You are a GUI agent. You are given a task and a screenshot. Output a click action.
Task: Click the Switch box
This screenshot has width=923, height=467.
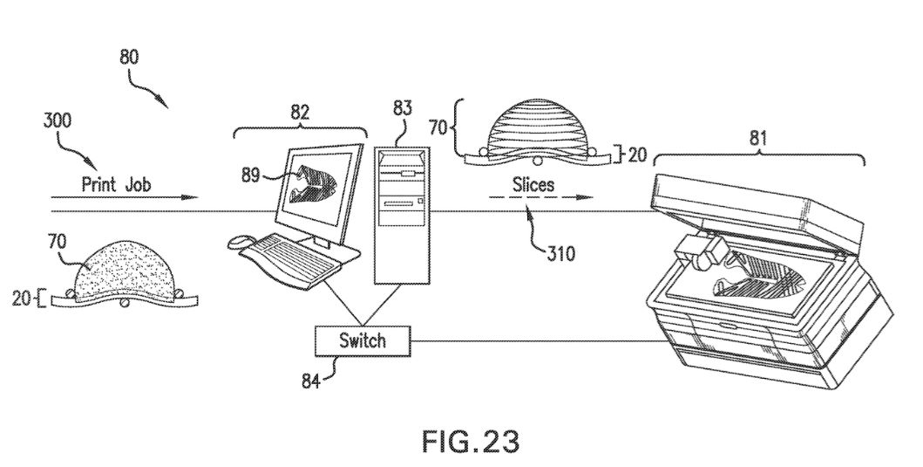[x=362, y=340]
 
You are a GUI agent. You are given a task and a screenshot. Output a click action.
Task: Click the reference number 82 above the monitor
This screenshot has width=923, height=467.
[x=299, y=113]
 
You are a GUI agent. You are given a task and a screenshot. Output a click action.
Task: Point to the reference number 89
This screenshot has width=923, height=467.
[x=251, y=175]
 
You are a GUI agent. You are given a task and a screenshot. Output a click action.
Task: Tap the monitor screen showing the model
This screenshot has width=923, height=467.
[x=319, y=189]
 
